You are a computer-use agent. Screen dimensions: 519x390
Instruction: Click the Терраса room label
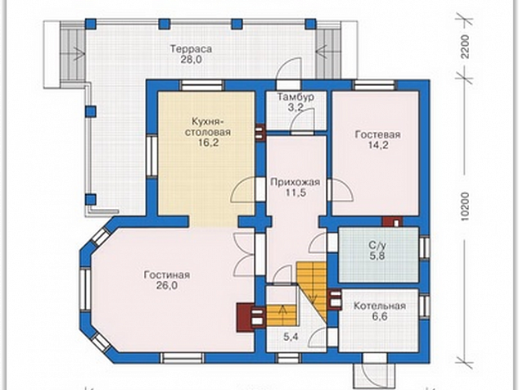click(x=191, y=49)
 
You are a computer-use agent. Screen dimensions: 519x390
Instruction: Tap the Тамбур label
click(x=296, y=97)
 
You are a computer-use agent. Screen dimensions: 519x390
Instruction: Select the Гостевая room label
click(x=377, y=135)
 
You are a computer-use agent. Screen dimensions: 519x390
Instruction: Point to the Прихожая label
click(x=296, y=182)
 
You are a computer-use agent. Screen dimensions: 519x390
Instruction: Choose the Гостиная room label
click(x=167, y=275)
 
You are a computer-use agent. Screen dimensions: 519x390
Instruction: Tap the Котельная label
click(x=380, y=306)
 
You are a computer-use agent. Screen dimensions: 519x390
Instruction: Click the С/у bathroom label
click(x=377, y=246)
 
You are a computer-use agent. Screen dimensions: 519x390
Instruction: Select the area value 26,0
click(x=167, y=286)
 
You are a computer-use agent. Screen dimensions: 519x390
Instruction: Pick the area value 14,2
click(x=378, y=146)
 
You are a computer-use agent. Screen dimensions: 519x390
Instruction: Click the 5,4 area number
click(x=291, y=338)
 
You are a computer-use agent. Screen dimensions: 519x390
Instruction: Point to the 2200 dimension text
click(x=466, y=47)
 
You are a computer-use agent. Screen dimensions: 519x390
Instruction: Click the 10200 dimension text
click(x=466, y=206)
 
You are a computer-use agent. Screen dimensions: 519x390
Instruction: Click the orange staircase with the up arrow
click(x=282, y=315)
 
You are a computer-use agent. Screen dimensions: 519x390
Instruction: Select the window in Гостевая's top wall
click(x=375, y=85)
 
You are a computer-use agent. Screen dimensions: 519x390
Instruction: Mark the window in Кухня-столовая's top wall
click(x=201, y=85)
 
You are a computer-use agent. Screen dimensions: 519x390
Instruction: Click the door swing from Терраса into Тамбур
click(x=289, y=69)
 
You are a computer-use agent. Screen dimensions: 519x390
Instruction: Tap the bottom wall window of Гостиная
click(x=182, y=358)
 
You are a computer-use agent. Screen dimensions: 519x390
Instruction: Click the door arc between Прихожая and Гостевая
click(x=341, y=190)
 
